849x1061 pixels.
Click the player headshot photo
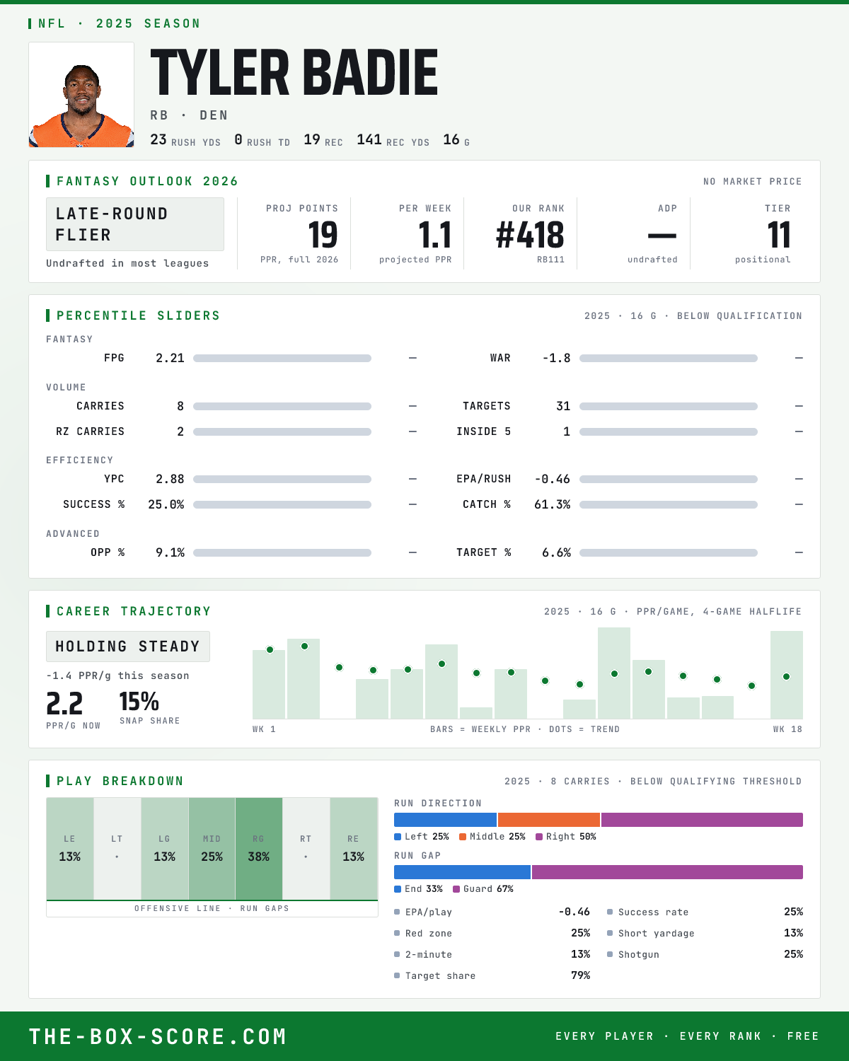(81, 95)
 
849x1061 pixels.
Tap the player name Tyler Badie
(294, 72)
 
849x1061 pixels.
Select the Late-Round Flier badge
(134, 224)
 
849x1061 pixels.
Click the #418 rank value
(530, 235)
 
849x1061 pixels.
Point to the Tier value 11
(779, 235)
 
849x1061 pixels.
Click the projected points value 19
(323, 235)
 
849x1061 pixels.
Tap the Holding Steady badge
(128, 647)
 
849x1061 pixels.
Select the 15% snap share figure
(139, 702)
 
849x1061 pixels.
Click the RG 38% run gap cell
(259, 849)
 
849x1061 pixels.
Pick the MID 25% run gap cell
(212, 849)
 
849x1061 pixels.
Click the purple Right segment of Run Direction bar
(702, 820)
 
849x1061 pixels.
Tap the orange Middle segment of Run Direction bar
(549, 820)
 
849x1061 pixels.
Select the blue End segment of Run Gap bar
(462, 872)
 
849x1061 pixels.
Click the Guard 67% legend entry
(483, 889)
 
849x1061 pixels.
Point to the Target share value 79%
(581, 975)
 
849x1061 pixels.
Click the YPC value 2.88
(171, 480)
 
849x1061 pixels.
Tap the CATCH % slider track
(669, 504)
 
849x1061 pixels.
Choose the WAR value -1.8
(557, 358)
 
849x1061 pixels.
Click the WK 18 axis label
(788, 729)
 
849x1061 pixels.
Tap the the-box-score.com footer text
(158, 1036)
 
